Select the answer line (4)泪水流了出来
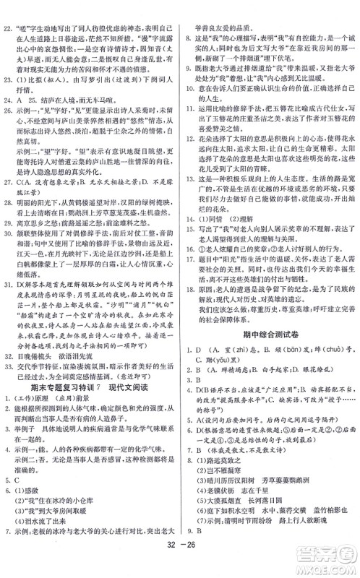[50, 540]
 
